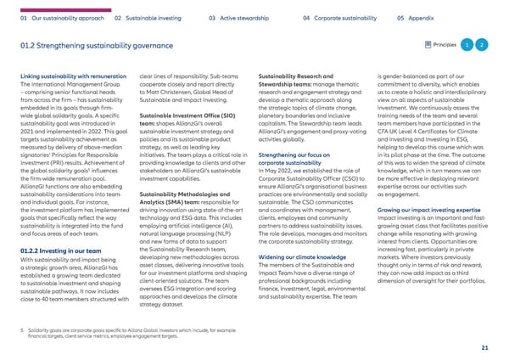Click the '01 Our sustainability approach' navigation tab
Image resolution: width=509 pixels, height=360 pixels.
pyautogui.click(x=54, y=15)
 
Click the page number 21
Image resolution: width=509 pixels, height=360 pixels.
pyautogui.click(x=483, y=347)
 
